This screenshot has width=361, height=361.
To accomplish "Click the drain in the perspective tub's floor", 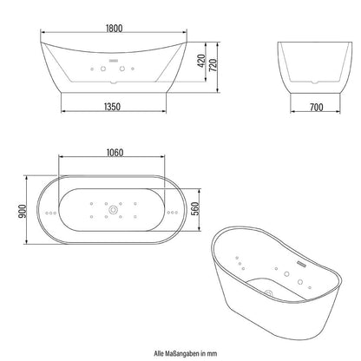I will [x=263, y=293].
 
